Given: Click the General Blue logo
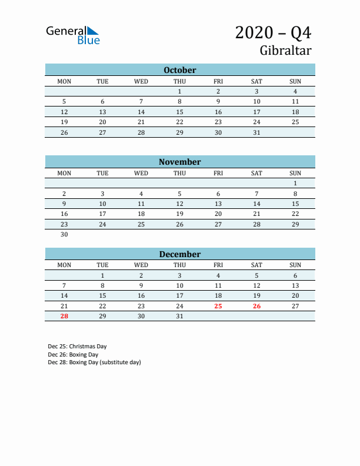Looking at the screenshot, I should tap(73, 35).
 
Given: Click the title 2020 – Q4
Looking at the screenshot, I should tap(273, 32).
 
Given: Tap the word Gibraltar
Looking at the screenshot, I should tap(285, 51).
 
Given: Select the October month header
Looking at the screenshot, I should tap(180, 70).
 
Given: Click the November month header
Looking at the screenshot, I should tap(180, 162).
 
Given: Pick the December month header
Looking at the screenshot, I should tap(180, 254).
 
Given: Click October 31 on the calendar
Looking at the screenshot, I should tap(256, 132).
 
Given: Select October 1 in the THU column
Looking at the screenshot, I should tap(180, 91).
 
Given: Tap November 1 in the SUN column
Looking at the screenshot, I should tap(295, 183).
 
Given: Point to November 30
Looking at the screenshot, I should tap(64, 234).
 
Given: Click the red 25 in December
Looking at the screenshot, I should tap(218, 306).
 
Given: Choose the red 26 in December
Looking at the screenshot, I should tap(256, 306).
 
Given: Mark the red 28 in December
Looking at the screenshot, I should tap(64, 316).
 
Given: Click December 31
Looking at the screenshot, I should tap(180, 316).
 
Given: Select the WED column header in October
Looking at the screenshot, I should tap(141, 81).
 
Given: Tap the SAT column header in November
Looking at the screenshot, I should tap(256, 173).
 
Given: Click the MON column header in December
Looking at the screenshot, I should tap(64, 265).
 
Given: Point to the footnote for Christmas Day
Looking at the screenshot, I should tap(77, 347).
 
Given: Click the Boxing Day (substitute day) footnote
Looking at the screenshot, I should tap(94, 362).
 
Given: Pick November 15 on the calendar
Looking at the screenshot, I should tap(295, 204).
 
